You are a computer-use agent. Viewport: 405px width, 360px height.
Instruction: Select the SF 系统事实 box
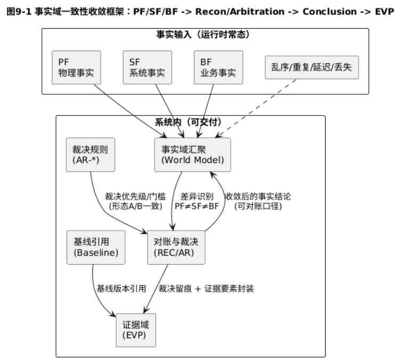pos(147,67)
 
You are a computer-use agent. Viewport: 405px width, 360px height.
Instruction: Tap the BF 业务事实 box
pos(218,67)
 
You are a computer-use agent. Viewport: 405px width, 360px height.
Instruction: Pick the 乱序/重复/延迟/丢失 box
pos(312,67)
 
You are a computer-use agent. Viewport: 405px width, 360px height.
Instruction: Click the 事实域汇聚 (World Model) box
pos(192,154)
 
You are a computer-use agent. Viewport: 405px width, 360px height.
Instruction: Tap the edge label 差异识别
pos(197,196)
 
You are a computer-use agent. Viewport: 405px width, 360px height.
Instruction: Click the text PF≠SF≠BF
pos(197,206)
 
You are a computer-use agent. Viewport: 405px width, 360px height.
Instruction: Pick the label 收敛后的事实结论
pos(258,196)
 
